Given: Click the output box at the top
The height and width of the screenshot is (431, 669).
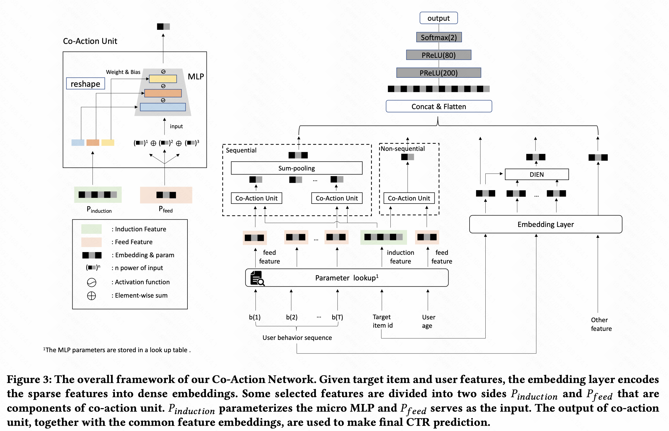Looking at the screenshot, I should point(438,18).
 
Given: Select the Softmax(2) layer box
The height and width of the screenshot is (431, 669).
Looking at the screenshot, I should point(439,37).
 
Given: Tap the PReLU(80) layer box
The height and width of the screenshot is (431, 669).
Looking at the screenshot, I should point(438,55).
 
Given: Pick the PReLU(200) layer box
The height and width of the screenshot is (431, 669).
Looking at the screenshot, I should point(438,73).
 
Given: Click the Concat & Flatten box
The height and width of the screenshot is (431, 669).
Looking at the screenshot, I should point(439,106).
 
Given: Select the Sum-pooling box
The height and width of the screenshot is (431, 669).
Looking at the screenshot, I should point(296,168).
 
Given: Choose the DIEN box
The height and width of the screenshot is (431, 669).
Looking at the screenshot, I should point(536,174).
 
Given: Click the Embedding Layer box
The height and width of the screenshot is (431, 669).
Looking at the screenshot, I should point(545,224).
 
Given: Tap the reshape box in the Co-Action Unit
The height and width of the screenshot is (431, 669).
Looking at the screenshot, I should point(85,84).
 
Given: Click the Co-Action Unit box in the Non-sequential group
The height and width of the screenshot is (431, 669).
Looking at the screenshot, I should point(409,198).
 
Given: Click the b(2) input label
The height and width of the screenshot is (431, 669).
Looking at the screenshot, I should point(292,317).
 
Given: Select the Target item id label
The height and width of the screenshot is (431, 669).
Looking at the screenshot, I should point(382,321).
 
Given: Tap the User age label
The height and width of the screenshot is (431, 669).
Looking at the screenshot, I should point(428,321).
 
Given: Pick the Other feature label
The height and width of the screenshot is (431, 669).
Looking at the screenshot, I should point(601,324).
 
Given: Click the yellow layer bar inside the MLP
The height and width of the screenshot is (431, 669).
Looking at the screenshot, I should point(163,79).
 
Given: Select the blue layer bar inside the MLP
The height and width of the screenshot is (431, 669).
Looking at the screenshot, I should point(163,107).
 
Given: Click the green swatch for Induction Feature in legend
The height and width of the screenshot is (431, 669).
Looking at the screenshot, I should point(91,229).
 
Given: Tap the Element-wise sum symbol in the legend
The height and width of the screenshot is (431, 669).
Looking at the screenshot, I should point(91,295).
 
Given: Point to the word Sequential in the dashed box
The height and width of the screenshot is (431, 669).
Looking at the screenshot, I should point(241,150).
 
